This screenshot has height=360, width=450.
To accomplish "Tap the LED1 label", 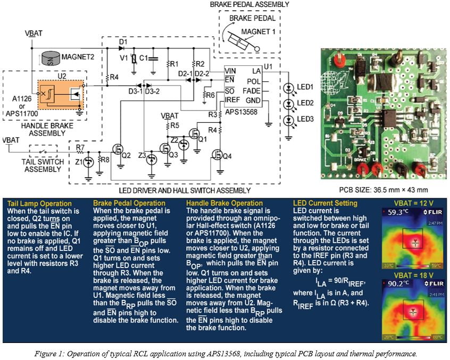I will [305, 87].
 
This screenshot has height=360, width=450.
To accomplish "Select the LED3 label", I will [305, 118].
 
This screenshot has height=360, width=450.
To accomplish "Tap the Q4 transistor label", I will [227, 156].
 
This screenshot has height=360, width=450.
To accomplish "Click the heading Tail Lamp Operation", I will [39, 204].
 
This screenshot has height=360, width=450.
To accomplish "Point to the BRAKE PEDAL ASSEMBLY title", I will [249, 4].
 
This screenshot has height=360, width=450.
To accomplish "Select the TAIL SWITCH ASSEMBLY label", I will [43, 165].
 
